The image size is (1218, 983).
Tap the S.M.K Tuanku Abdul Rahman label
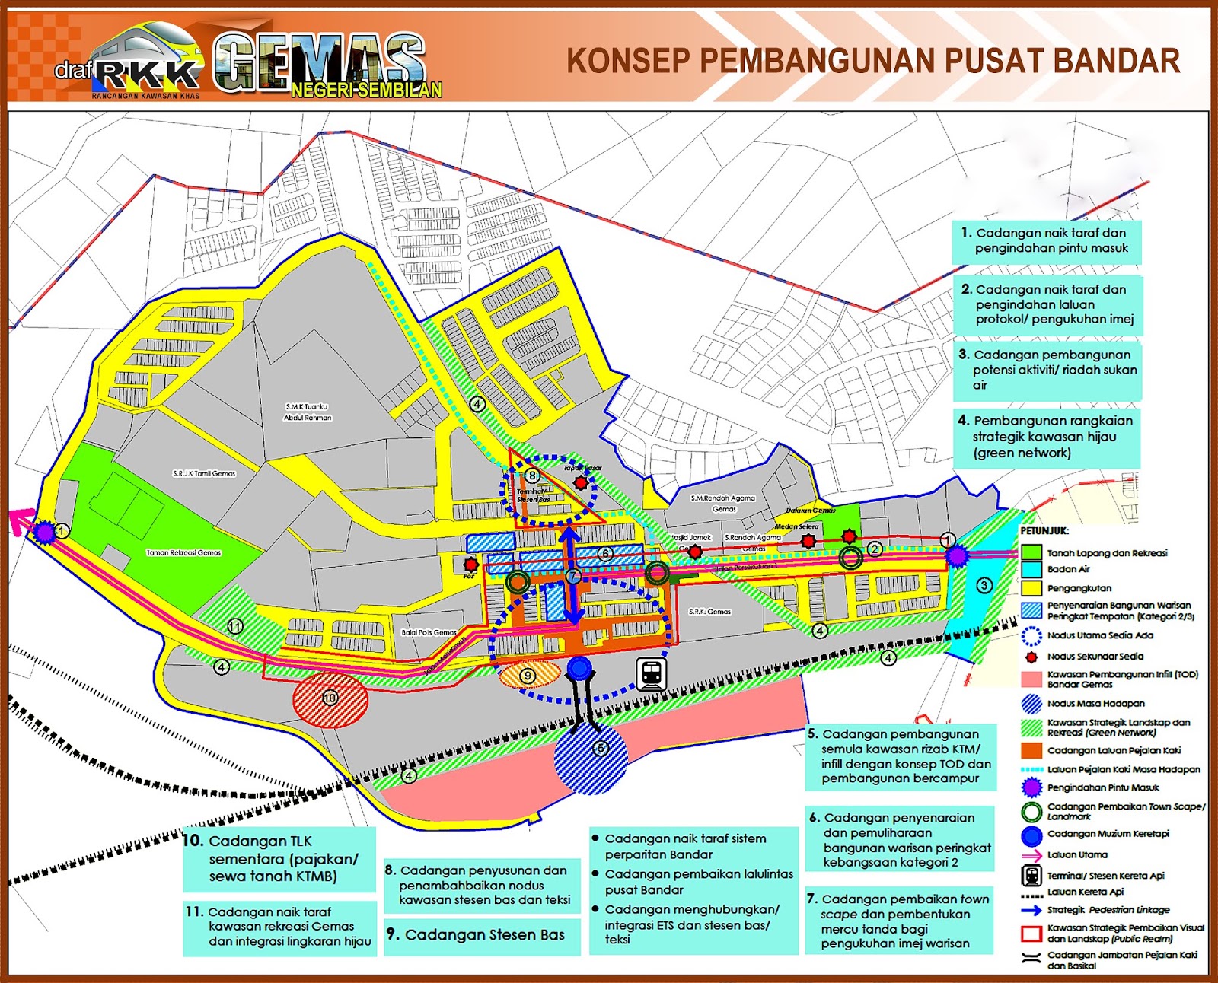click(x=307, y=412)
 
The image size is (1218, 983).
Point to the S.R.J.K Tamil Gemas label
click(x=204, y=473)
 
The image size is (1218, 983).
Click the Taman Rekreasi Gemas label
click(x=183, y=552)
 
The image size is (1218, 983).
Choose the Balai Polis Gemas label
click(x=429, y=632)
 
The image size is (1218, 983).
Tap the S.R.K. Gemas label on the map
click(x=709, y=612)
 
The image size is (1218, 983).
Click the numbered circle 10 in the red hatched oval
click(x=330, y=698)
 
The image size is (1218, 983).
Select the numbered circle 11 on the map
click(x=235, y=626)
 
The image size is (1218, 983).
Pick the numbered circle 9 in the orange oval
click(x=528, y=676)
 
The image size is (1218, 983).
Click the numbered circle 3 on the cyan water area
click(x=984, y=585)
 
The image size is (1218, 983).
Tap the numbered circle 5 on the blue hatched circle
click(x=601, y=748)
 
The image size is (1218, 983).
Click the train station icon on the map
click(x=652, y=673)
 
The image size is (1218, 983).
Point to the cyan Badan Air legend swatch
click(x=1031, y=569)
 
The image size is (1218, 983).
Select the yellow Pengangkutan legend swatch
click(x=1031, y=588)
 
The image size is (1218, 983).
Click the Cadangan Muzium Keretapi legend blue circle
click(x=1031, y=835)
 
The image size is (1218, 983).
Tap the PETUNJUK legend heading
click(x=1044, y=530)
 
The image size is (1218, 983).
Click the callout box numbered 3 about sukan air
click(x=1047, y=370)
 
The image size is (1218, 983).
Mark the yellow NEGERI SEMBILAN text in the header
click(x=366, y=91)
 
